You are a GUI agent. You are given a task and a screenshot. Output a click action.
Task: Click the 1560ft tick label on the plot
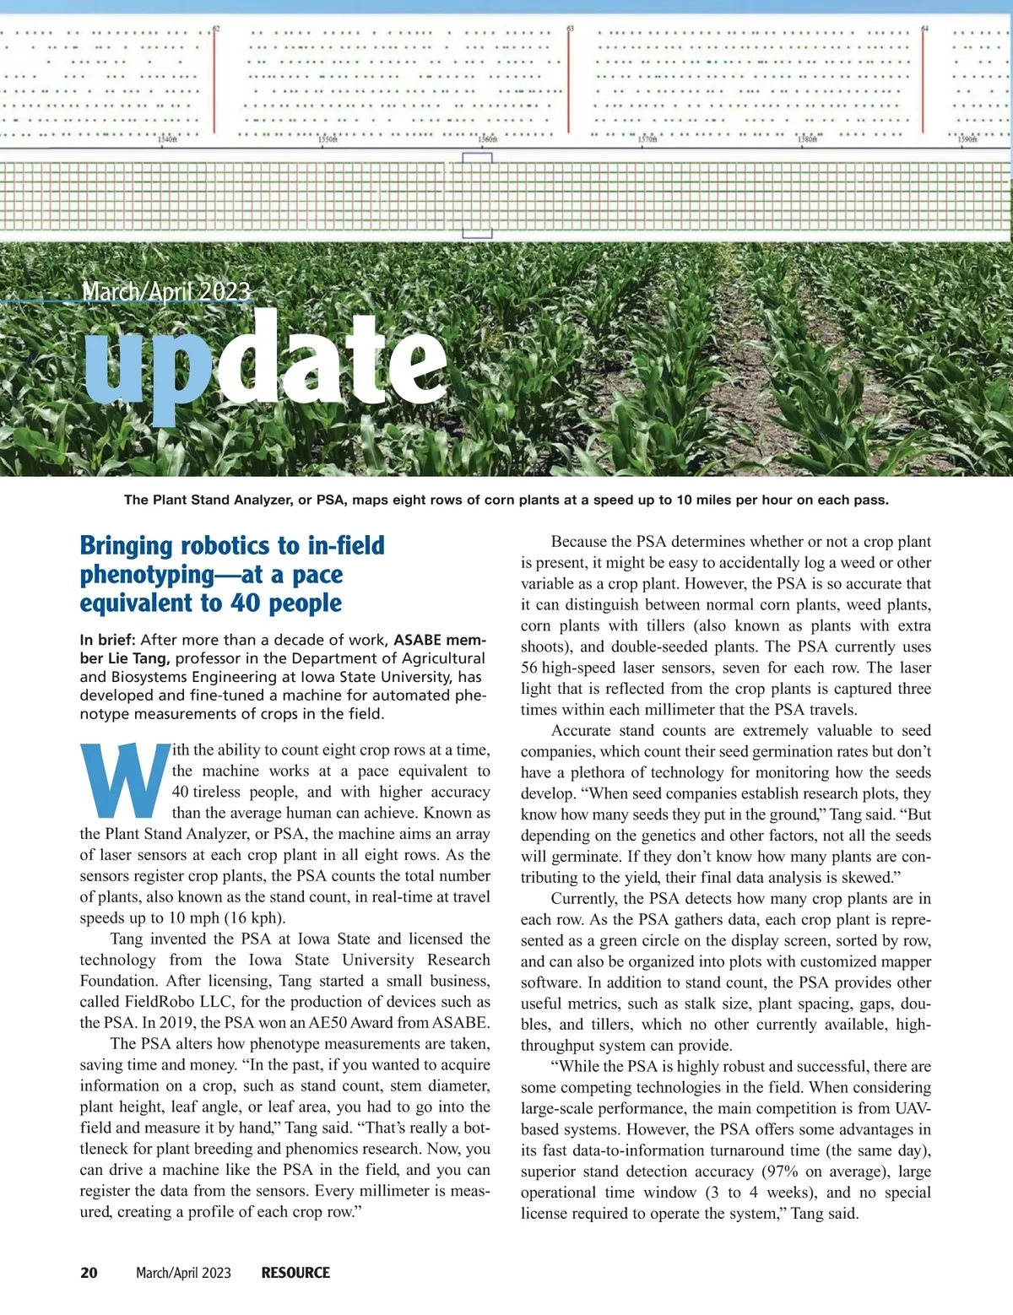(488, 140)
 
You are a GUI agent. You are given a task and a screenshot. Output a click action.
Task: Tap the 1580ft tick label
(808, 140)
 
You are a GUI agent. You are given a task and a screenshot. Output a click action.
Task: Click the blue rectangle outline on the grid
(477, 196)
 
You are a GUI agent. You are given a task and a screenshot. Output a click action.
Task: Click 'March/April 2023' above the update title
(166, 292)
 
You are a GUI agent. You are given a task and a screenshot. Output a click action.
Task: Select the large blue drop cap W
(124, 781)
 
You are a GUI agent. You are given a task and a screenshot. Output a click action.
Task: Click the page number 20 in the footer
(89, 1273)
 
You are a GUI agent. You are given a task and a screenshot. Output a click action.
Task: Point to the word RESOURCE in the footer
(295, 1273)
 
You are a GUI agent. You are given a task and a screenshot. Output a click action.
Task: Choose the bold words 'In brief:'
(107, 640)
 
